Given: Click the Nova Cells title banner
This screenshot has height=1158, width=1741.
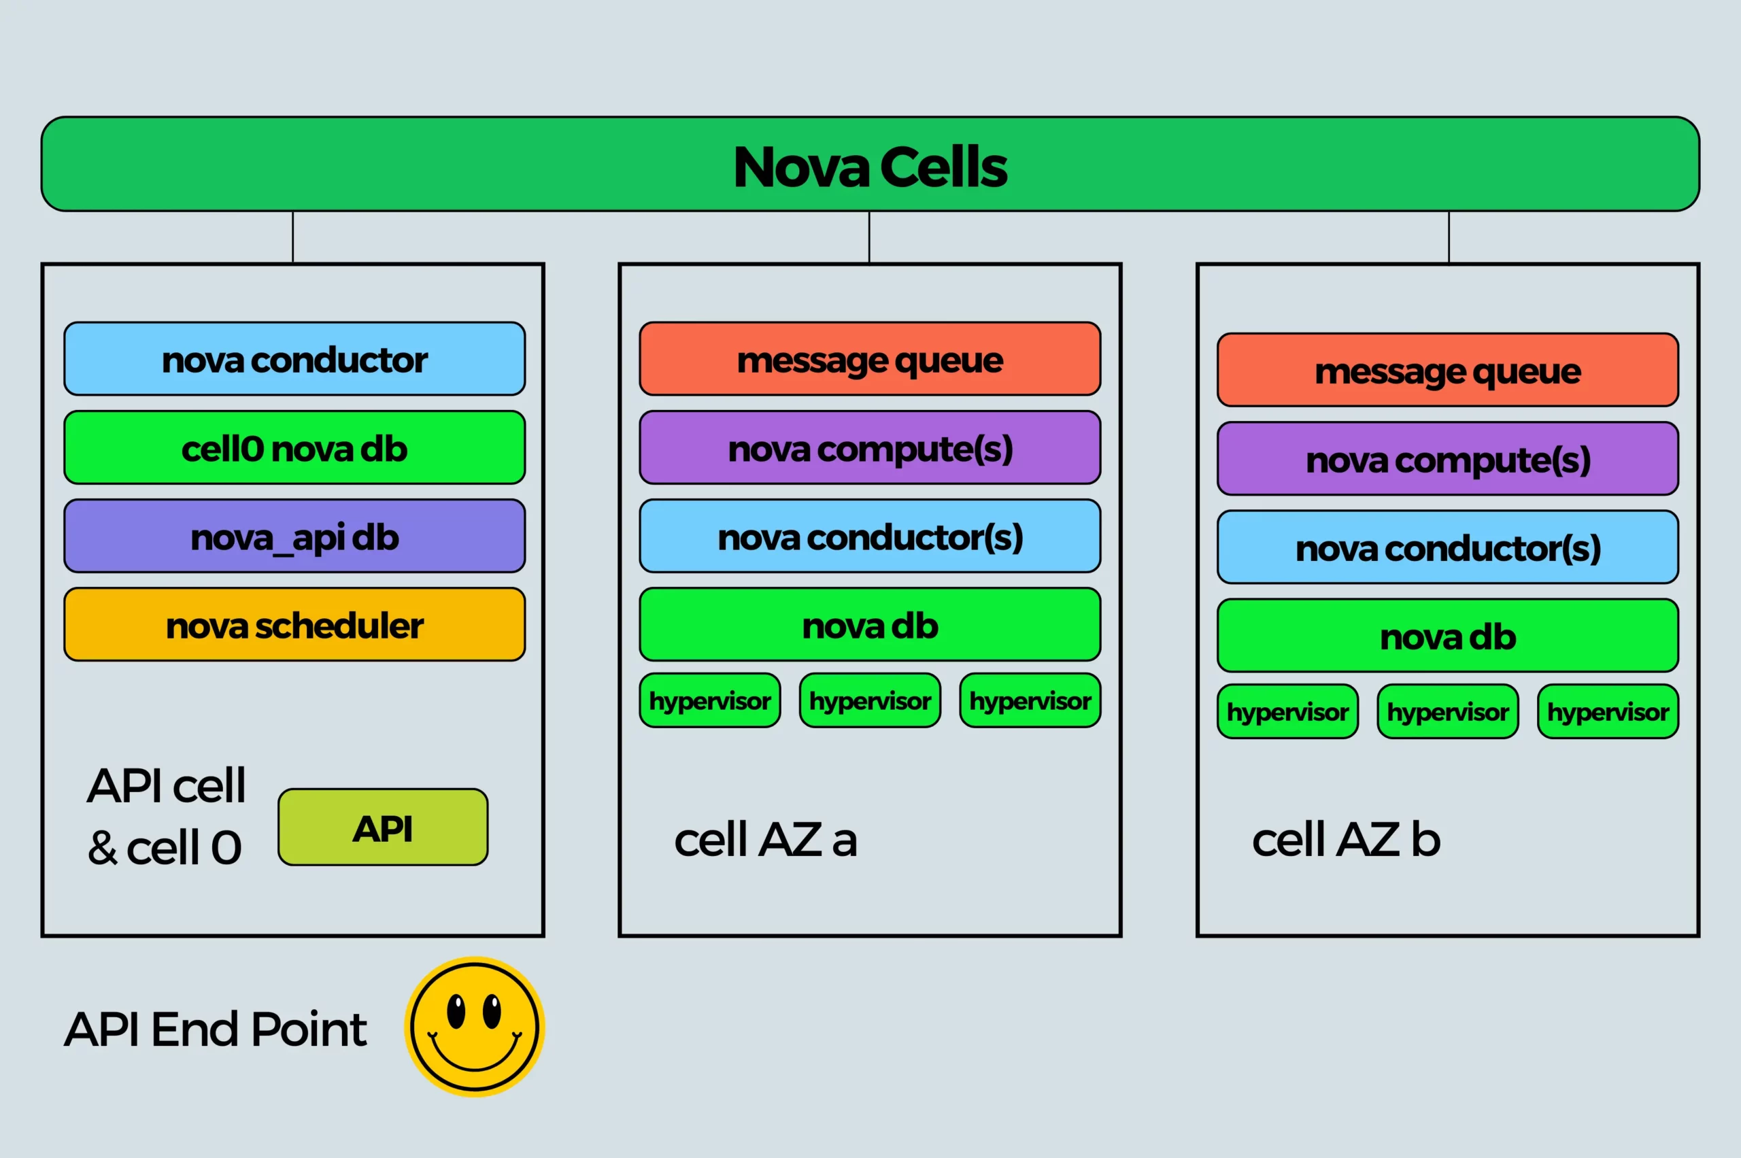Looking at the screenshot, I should coord(870,164).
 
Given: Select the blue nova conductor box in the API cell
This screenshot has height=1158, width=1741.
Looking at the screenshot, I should coord(294,359).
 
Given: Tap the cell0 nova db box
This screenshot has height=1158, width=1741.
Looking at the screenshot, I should coord(294,447).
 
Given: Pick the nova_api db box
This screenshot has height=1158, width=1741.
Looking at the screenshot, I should coord(294,537).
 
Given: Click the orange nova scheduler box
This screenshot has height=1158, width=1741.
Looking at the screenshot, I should coord(294,625).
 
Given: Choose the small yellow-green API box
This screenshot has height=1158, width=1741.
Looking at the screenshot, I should coord(383,827).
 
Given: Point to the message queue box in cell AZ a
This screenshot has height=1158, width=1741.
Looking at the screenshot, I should coord(869,359).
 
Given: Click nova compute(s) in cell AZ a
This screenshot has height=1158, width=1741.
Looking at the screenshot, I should coord(869,447).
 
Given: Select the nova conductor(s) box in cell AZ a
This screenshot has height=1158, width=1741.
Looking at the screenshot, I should coord(869,537).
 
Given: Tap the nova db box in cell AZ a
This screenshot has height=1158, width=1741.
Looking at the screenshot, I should coord(869,625).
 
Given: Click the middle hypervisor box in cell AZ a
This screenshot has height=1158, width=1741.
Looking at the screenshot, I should coord(869,700).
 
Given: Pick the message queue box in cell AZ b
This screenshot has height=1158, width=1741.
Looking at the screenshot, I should coord(1448,370).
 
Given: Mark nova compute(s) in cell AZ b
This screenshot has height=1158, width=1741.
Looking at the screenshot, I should coord(1448,458).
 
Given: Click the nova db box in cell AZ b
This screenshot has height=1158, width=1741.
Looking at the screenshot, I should coord(1448,636).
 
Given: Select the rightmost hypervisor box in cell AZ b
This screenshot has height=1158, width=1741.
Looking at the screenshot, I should coord(1608,711).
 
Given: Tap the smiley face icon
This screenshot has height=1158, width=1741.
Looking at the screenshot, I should coord(474,1027).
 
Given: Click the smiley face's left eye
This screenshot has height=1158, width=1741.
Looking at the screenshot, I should coord(456,1011).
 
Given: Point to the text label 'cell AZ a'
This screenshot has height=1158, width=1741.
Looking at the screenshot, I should coord(765,840).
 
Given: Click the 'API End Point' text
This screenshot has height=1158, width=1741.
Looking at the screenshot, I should coord(215,1029).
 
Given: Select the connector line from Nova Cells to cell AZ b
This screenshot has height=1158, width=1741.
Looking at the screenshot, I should coord(1449,237).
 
